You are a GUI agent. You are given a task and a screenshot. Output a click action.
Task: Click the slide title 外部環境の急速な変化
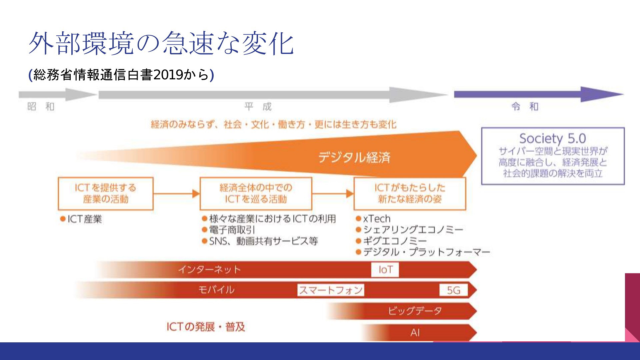(x=161, y=43)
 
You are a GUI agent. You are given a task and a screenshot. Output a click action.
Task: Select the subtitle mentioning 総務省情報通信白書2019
(x=121, y=75)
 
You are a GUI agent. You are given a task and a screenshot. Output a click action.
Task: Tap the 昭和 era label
(x=41, y=107)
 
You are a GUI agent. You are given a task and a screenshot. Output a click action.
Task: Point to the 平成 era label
(x=258, y=107)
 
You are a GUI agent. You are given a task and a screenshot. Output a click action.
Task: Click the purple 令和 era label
(x=525, y=107)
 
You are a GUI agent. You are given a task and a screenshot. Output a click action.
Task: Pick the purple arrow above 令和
(x=539, y=94)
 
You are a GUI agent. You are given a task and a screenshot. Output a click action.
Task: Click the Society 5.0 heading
(x=553, y=138)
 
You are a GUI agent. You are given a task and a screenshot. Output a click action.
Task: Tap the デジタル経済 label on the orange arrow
(x=354, y=157)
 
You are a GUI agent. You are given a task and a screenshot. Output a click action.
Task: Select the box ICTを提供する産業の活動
(x=106, y=194)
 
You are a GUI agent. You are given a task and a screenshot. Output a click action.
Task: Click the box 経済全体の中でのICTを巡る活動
(x=256, y=194)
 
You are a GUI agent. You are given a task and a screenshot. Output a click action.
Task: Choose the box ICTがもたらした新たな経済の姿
(x=410, y=194)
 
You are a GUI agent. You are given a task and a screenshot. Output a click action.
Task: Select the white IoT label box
(x=385, y=270)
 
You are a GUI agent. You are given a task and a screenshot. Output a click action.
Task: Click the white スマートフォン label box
(x=331, y=290)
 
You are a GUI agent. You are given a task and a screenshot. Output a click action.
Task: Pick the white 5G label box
(x=454, y=290)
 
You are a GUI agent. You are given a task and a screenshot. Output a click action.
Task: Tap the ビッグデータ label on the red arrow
(x=415, y=311)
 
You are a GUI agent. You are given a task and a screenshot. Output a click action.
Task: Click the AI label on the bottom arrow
(x=415, y=333)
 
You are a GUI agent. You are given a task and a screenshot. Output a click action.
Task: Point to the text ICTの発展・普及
(x=206, y=327)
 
